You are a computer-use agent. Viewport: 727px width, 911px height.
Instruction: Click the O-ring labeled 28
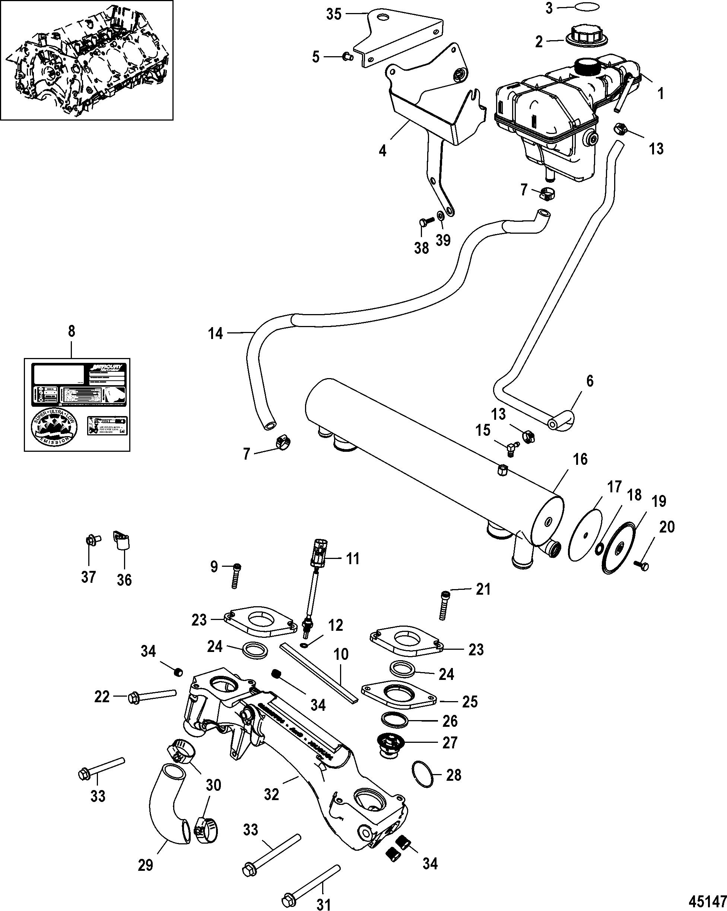point(422,774)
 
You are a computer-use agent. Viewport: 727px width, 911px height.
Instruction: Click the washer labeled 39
point(440,215)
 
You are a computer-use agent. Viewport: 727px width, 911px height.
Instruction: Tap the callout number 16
point(580,459)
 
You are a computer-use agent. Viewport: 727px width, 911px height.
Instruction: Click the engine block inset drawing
point(87,60)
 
